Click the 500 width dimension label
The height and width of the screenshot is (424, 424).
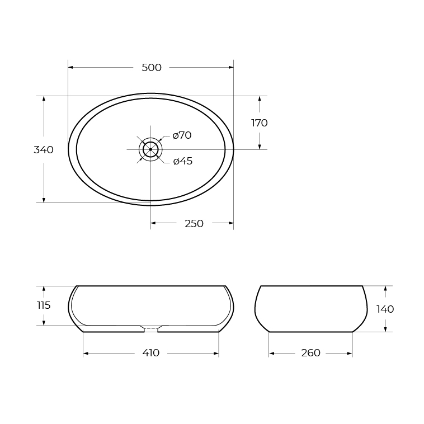click(152, 68)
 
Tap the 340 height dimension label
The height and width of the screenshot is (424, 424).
click(44, 150)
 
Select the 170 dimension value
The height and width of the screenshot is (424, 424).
click(259, 123)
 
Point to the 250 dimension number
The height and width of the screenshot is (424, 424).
click(194, 224)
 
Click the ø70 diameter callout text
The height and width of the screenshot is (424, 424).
click(182, 135)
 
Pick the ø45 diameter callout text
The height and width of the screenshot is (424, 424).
click(182, 161)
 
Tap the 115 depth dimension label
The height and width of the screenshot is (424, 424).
click(44, 305)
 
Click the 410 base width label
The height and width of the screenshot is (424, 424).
click(151, 353)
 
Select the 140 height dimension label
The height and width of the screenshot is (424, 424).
click(385, 309)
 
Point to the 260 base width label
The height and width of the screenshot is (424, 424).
click(310, 353)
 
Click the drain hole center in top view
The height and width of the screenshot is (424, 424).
click(150, 149)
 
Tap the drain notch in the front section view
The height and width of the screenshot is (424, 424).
click(150, 328)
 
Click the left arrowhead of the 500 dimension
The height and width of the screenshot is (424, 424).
click(70, 68)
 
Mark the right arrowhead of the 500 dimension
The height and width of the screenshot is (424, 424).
click(231, 68)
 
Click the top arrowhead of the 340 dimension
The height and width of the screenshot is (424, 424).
click(44, 98)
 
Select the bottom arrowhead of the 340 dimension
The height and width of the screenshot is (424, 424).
click(44, 200)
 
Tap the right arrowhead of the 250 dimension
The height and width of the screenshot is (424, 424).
click(231, 224)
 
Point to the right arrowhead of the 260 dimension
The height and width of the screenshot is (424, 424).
click(350, 354)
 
